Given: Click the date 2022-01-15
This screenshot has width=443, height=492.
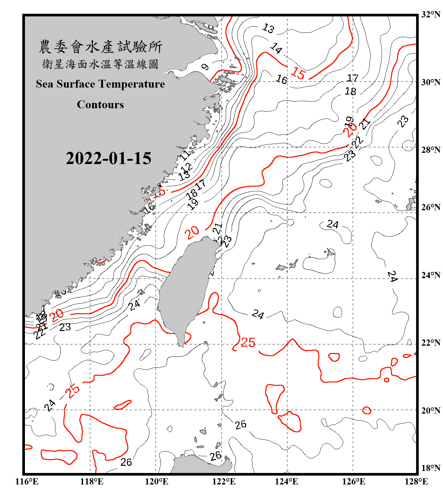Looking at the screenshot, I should click(x=108, y=158).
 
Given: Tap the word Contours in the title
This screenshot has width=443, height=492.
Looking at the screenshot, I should click(x=100, y=104).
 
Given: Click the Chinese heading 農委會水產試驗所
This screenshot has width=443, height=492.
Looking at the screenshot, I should click(x=100, y=47).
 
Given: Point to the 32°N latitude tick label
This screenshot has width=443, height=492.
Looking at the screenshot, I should click(x=431, y=14).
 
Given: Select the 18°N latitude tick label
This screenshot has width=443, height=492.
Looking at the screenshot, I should click(x=431, y=468).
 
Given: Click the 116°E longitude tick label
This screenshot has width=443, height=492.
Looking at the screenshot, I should click(x=27, y=482).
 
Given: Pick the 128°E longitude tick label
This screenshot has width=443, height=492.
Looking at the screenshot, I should click(x=416, y=482).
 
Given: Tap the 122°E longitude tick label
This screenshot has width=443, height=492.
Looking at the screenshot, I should click(x=224, y=482).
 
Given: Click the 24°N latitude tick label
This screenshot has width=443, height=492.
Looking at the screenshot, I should click(x=431, y=275).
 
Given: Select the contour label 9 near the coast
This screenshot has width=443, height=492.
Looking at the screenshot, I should click(x=205, y=67).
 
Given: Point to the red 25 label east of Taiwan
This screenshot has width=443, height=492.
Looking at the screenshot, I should click(x=248, y=342).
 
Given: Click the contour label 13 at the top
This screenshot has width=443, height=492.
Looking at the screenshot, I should click(x=268, y=29).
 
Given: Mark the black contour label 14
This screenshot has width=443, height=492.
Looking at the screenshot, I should click(x=276, y=49).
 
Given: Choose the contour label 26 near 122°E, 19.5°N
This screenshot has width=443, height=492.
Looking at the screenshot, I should click(x=241, y=425).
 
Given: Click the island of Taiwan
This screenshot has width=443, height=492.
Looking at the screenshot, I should click(x=185, y=289).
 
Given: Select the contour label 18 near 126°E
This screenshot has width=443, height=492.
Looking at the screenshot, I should click(x=350, y=91).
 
